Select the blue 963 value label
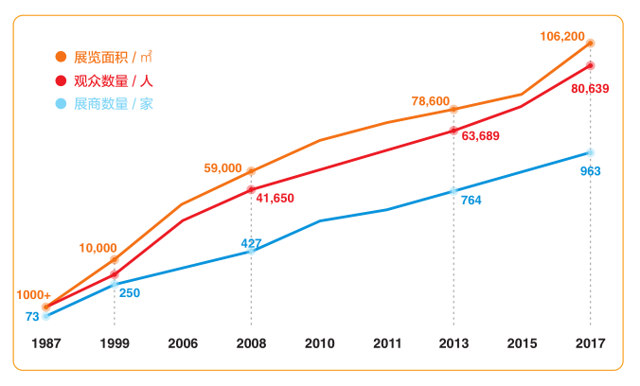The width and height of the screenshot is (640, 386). (x=590, y=171)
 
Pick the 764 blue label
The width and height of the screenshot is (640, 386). (x=471, y=200)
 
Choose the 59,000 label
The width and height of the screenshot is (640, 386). (x=222, y=168)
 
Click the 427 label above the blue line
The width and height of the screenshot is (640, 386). (x=251, y=243)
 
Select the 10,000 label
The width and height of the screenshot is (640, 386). (x=98, y=248)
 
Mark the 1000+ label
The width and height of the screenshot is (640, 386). (x=33, y=295)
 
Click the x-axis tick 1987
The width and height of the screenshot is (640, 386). (x=45, y=342)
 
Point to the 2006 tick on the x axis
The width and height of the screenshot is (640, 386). (x=183, y=342)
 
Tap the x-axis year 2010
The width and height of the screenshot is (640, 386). (x=319, y=342)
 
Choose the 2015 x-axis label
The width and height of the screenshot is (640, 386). (x=522, y=342)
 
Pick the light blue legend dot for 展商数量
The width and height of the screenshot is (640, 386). (x=62, y=103)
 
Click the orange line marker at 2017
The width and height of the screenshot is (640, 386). (x=590, y=44)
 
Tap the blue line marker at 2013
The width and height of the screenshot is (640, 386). (x=453, y=191)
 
